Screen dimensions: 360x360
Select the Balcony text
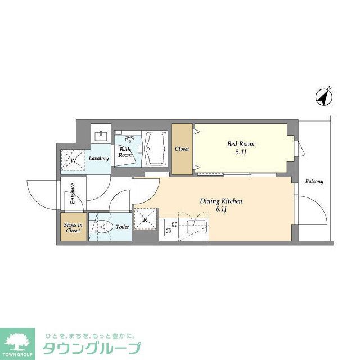coord(314,182)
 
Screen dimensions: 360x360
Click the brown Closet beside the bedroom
coord(182,149)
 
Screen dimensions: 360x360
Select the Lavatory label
coord(98,158)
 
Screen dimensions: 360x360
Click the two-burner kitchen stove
coord(168,228)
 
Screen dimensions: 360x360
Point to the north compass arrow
coord(323,96)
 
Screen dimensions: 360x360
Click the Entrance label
coord(73,194)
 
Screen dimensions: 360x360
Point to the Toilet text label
coord(122,227)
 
